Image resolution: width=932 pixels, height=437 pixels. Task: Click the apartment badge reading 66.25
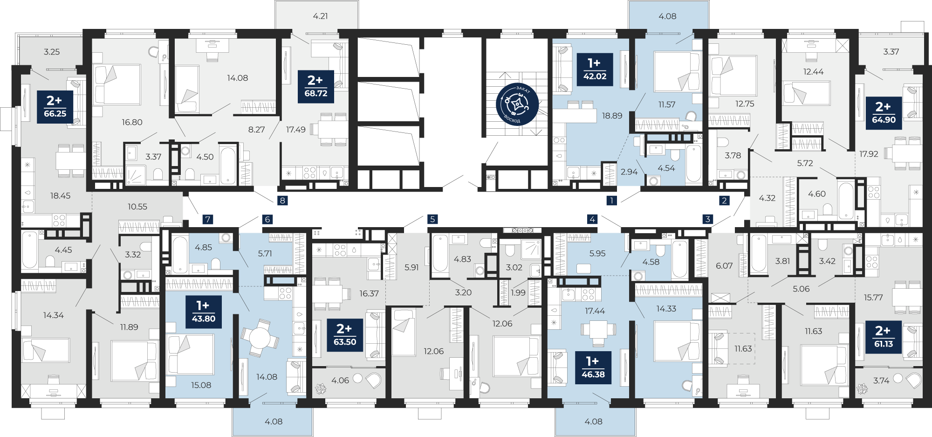(55, 107)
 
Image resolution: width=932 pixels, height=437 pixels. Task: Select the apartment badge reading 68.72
(316, 87)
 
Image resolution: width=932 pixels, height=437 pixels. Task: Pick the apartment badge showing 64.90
(884, 113)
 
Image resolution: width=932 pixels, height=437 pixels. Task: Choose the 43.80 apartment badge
(204, 312)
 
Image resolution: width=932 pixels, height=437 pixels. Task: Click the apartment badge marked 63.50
(345, 335)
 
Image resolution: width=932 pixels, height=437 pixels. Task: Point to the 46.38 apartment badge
(593, 368)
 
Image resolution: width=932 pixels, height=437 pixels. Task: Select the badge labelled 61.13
(884, 337)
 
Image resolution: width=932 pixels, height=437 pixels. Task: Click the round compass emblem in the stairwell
(517, 104)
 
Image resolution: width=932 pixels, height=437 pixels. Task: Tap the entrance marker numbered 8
(282, 201)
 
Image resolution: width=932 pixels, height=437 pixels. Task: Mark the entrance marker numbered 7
(208, 219)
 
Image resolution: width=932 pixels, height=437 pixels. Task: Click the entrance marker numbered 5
(432, 219)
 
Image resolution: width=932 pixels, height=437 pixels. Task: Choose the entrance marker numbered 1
(612, 201)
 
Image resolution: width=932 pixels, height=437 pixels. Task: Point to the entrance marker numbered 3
(708, 219)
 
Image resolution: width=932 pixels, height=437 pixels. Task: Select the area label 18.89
(612, 116)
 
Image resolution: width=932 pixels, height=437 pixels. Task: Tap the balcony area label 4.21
(320, 16)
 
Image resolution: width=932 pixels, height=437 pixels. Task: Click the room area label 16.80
(132, 122)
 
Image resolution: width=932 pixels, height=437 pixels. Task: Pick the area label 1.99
(518, 293)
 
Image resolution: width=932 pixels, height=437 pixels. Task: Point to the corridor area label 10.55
(137, 207)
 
